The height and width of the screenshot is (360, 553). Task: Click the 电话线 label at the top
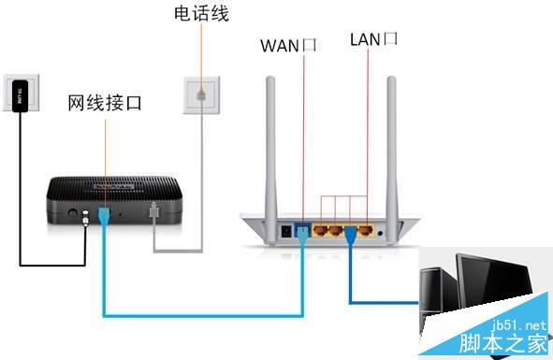pyautogui.click(x=201, y=14)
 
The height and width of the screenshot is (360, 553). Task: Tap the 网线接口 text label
pyautogui.click(x=105, y=102)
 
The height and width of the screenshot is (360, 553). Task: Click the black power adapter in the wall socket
pyautogui.click(x=20, y=96)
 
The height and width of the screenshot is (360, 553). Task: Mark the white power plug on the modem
pyautogui.click(x=88, y=217)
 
